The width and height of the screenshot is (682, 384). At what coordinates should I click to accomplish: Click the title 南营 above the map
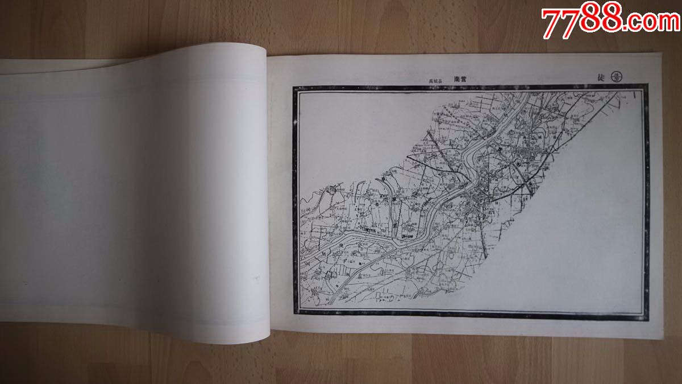(x=460, y=80)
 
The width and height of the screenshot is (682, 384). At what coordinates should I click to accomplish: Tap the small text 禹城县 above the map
(x=435, y=81)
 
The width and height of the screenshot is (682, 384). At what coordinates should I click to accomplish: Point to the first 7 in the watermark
(x=550, y=23)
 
